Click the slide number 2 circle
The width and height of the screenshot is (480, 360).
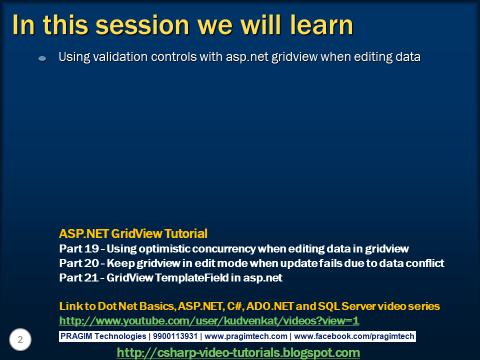click(20, 339)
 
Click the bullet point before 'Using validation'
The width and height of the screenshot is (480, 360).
click(42, 58)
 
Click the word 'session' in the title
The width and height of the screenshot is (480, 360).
click(142, 25)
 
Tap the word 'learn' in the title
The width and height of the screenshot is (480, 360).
click(321, 24)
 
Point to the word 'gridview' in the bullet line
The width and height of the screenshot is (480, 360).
click(294, 57)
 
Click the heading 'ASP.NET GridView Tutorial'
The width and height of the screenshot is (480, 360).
click(133, 233)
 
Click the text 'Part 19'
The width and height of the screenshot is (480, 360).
click(79, 248)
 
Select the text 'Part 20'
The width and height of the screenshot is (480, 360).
click(79, 263)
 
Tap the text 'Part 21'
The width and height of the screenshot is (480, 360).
click(78, 277)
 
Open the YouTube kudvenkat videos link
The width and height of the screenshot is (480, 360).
click(209, 321)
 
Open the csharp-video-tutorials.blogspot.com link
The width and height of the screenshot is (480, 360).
click(238, 352)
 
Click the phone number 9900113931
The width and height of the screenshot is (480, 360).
click(175, 336)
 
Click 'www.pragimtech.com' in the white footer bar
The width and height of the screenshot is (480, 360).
click(246, 336)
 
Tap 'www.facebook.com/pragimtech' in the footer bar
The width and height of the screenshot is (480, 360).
click(354, 336)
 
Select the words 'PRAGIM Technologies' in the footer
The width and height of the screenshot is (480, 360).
click(103, 336)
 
